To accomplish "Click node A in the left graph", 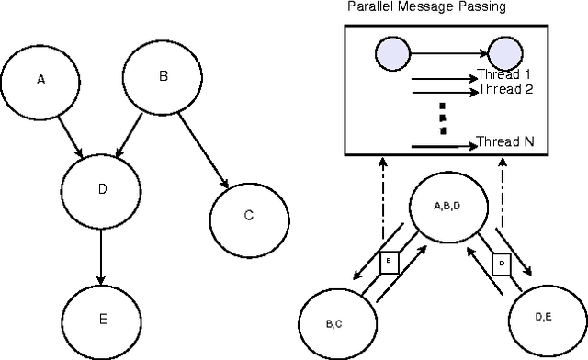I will (40, 81).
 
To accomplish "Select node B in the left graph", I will (164, 77).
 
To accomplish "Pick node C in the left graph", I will (248, 217).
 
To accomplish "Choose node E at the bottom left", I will (102, 319).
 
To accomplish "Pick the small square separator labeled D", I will (501, 264).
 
